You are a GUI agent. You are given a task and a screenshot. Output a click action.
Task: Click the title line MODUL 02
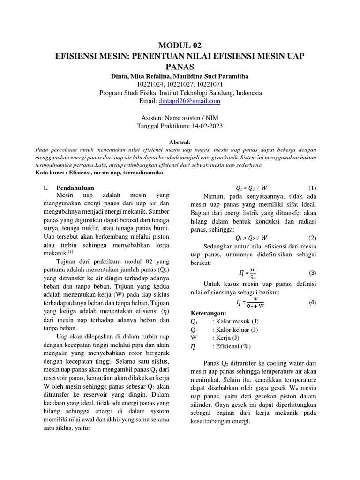click(180, 45)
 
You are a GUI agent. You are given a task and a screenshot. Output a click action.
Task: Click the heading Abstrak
click(180, 141)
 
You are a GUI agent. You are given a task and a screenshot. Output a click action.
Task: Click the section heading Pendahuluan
click(75, 187)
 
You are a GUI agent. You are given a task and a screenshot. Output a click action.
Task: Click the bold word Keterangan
click(208, 313)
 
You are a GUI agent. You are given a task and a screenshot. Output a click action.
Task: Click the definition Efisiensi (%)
click(232, 346)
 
